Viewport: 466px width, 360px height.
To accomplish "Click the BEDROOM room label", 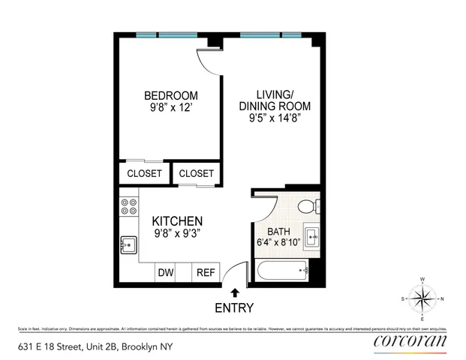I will [171, 95].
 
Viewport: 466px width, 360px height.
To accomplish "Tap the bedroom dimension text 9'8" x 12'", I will [171, 107].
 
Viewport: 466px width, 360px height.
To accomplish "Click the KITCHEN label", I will [178, 221].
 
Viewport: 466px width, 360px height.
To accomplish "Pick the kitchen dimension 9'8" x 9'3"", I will [178, 233].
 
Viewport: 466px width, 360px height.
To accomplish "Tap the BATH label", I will [277, 231].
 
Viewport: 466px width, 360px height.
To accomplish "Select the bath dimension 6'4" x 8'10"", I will [278, 242].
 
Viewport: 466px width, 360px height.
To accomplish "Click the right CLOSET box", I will [196, 173].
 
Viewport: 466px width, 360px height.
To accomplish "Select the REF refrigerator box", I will [206, 273].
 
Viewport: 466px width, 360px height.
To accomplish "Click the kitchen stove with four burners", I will [128, 206].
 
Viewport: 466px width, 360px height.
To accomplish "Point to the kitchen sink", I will [128, 245].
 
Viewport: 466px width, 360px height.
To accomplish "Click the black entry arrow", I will [235, 293].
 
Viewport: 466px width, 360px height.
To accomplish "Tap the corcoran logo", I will [410, 341].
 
